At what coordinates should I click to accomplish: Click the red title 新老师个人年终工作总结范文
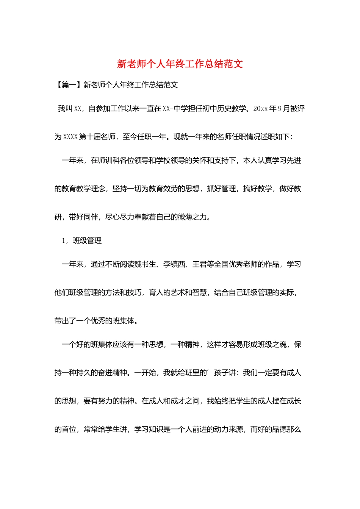point(180,64)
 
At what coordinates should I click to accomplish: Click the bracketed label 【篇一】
point(69,85)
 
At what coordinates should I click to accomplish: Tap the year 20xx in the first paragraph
point(260,109)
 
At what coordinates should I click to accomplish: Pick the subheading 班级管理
point(87,241)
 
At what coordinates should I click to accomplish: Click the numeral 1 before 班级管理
point(64,241)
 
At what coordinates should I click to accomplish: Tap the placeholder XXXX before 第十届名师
point(70,137)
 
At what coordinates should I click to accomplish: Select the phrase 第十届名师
point(97,137)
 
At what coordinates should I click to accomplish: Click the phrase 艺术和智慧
point(185,293)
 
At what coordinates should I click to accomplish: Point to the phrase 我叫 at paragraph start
point(65,109)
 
